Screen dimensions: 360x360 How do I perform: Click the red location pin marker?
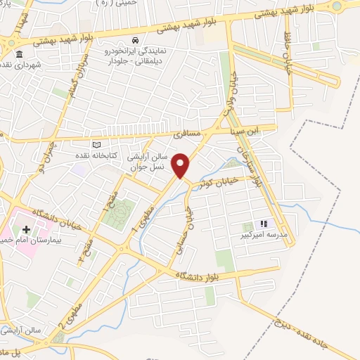181,165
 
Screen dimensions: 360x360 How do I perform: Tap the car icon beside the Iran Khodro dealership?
135,41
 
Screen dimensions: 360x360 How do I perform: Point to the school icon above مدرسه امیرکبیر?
264,224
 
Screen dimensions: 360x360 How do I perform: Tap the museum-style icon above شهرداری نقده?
18,54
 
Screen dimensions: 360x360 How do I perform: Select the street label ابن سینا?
247,130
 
